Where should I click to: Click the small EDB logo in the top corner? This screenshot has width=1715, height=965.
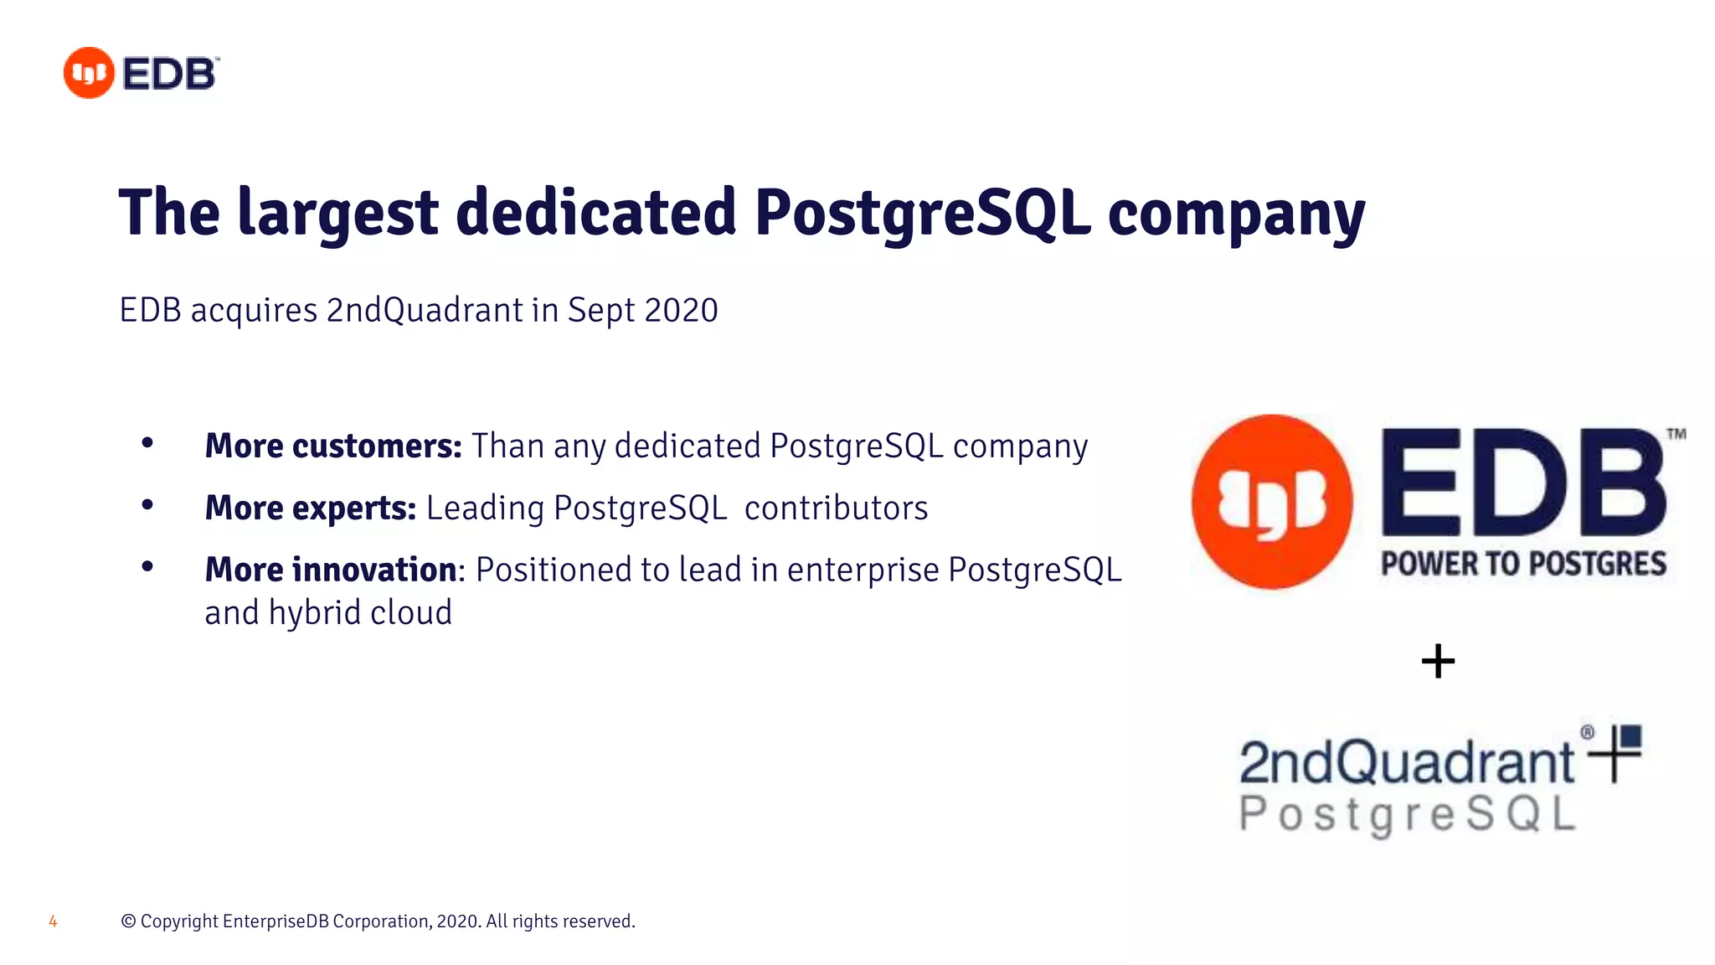coord(141,74)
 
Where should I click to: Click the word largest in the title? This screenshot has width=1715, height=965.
coord(337,214)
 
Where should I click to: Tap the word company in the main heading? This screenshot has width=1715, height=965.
coord(1236,214)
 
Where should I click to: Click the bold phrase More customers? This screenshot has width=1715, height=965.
coord(333,446)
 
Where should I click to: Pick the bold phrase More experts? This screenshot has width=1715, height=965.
coord(311,508)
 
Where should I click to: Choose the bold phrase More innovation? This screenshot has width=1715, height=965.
coord(331,570)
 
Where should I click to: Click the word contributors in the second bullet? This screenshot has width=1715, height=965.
coord(836,508)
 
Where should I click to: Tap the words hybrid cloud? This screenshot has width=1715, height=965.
coord(360,613)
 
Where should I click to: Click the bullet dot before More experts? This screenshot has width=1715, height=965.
coord(147,504)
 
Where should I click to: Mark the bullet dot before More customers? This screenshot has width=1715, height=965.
coord(147,442)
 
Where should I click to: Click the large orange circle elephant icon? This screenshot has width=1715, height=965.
coord(1272,502)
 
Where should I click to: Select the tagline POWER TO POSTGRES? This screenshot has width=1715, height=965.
coord(1523,564)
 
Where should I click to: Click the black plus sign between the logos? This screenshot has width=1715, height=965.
coord(1438,661)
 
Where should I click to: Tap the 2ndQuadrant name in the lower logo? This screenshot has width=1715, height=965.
coord(1407,762)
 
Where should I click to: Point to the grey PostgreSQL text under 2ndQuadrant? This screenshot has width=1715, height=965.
coord(1407,814)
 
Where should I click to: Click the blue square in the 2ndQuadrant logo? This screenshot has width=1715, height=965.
coord(1630,736)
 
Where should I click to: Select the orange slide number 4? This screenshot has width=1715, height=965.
coord(53,921)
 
